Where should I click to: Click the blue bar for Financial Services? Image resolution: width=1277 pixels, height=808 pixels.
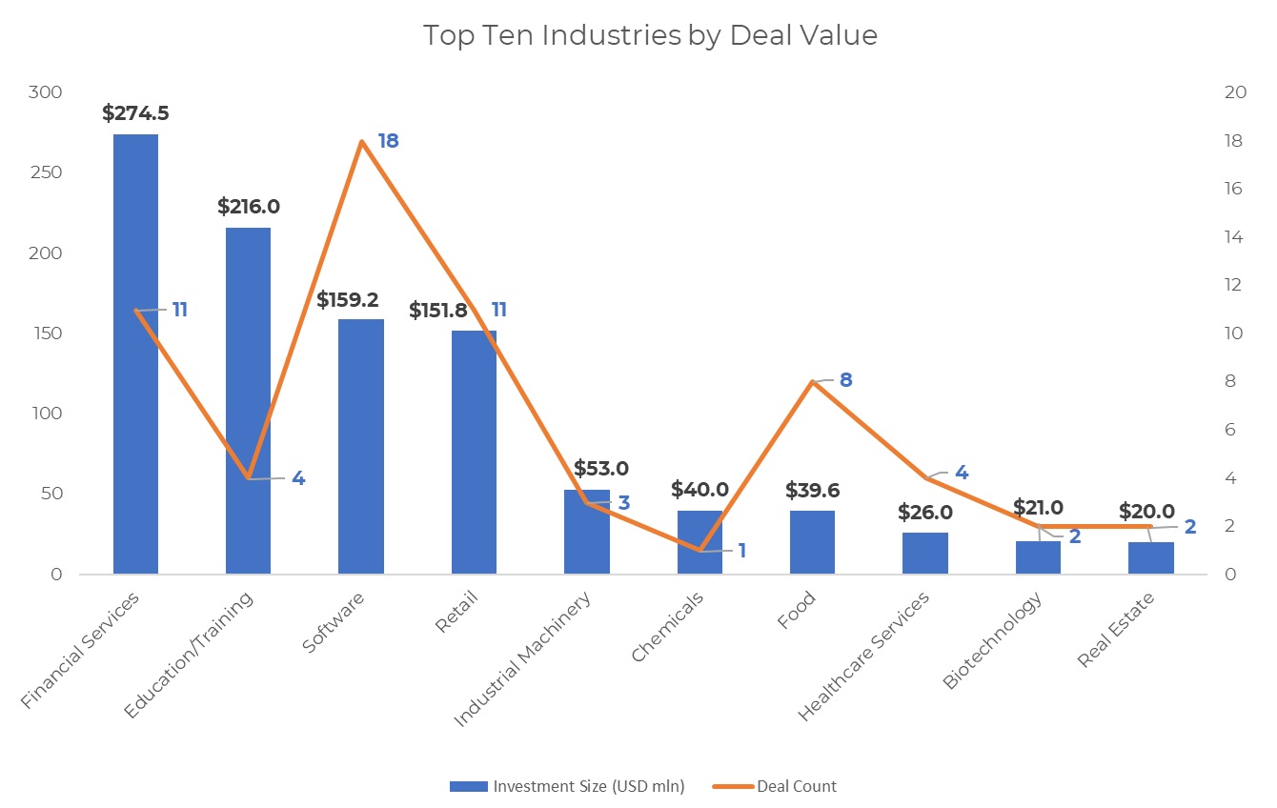pyautogui.click(x=135, y=429)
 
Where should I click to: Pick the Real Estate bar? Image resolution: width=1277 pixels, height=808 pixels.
pyautogui.click(x=1150, y=558)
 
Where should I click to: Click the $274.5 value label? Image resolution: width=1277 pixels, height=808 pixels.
pyautogui.click(x=135, y=113)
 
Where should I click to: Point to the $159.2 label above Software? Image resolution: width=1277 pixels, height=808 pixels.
pyautogui.click(x=347, y=300)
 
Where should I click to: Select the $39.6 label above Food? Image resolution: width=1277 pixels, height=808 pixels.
pyautogui.click(x=812, y=490)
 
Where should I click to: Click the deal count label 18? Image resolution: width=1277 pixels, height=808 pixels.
pyautogui.click(x=387, y=141)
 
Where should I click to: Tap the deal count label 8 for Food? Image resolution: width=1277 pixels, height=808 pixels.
pyautogui.click(x=845, y=380)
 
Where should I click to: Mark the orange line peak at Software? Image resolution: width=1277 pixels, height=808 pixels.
pyautogui.click(x=361, y=141)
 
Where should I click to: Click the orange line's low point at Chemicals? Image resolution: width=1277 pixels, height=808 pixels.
pyautogui.click(x=699, y=550)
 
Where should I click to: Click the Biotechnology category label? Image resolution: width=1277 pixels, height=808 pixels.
pyautogui.click(x=991, y=639)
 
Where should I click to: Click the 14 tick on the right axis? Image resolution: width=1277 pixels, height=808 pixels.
pyautogui.click(x=1232, y=236)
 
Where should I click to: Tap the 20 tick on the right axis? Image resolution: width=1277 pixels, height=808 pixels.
pyautogui.click(x=1232, y=92)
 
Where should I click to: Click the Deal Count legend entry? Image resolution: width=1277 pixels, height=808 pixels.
pyautogui.click(x=796, y=786)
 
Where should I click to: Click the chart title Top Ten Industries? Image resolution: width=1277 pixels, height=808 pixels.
pyautogui.click(x=650, y=36)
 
